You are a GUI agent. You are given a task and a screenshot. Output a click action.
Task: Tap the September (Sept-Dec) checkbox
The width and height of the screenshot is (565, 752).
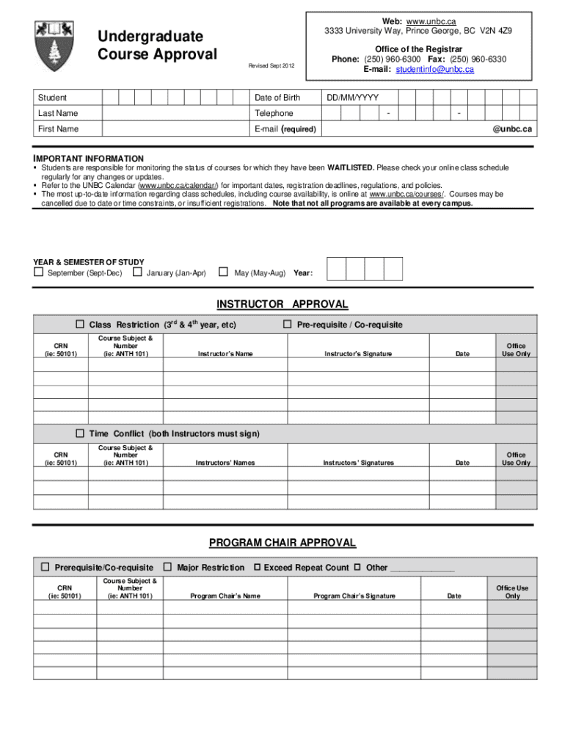click(x=39, y=272)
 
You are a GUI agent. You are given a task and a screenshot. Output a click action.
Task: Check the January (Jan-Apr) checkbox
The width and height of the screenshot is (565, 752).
click(x=137, y=272)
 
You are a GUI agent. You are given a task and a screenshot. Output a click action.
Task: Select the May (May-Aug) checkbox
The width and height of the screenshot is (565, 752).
click(x=224, y=272)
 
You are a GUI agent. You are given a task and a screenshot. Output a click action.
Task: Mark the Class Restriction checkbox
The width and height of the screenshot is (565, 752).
click(x=80, y=325)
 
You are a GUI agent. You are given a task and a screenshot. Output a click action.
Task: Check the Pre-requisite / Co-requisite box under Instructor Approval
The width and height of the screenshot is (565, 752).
click(x=288, y=325)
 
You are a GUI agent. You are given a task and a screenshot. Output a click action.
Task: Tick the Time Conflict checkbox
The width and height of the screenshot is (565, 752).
click(x=80, y=433)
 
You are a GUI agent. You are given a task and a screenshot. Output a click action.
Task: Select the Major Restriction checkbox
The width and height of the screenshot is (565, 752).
click(x=168, y=567)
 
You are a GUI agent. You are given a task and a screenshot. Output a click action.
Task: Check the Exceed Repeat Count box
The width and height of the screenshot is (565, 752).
click(x=257, y=567)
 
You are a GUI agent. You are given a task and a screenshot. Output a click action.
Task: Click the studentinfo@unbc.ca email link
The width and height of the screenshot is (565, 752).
click(x=434, y=69)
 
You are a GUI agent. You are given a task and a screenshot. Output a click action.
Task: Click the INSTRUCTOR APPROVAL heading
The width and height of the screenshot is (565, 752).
click(x=282, y=304)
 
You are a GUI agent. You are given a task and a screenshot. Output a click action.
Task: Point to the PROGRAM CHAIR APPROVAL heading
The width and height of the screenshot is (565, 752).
click(x=282, y=543)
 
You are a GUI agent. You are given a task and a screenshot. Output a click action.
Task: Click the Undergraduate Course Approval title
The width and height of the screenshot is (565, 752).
click(x=158, y=46)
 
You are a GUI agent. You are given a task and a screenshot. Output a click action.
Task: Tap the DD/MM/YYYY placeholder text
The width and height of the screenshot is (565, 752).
click(x=352, y=98)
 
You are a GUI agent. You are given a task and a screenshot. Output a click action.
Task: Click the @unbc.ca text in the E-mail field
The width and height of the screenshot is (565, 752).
click(x=511, y=129)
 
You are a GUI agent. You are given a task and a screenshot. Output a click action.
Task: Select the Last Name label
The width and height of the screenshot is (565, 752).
click(x=58, y=113)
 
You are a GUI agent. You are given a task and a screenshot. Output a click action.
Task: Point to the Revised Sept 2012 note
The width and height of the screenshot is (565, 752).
click(x=271, y=66)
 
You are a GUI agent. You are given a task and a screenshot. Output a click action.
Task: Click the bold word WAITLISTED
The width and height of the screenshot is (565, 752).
click(x=351, y=168)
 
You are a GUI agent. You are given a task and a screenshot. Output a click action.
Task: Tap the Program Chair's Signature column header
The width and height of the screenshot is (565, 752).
click(x=354, y=596)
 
